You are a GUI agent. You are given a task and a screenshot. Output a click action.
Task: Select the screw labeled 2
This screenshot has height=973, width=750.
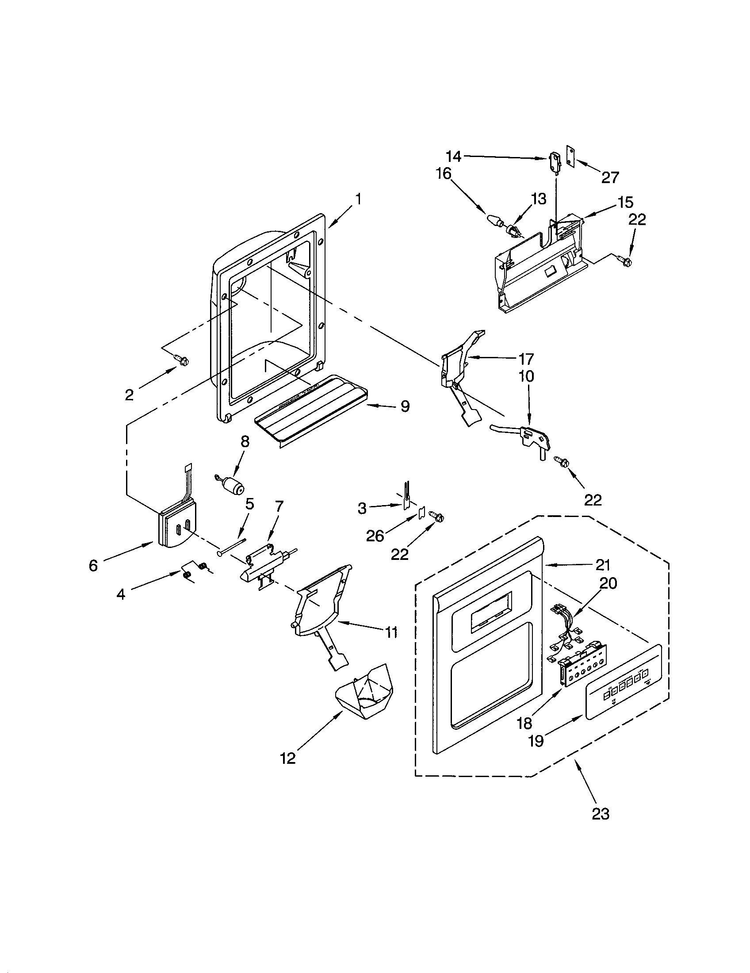pyautogui.click(x=182, y=359)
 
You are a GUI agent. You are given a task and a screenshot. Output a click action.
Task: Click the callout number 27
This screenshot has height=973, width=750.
pyautogui.click(x=610, y=177)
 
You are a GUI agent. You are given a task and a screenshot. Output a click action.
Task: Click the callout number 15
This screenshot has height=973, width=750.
pyautogui.click(x=626, y=202)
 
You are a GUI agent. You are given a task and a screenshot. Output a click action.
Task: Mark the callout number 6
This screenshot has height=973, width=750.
pyautogui.click(x=93, y=566)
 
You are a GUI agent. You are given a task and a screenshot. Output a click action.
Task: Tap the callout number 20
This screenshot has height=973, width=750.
pyautogui.click(x=608, y=583)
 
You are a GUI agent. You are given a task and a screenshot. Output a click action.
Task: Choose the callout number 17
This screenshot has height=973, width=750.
pyautogui.click(x=525, y=359)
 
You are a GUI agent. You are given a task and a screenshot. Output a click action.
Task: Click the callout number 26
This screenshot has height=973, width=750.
pyautogui.click(x=375, y=536)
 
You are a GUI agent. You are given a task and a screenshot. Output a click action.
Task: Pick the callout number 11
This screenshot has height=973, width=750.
pyautogui.click(x=391, y=632)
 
